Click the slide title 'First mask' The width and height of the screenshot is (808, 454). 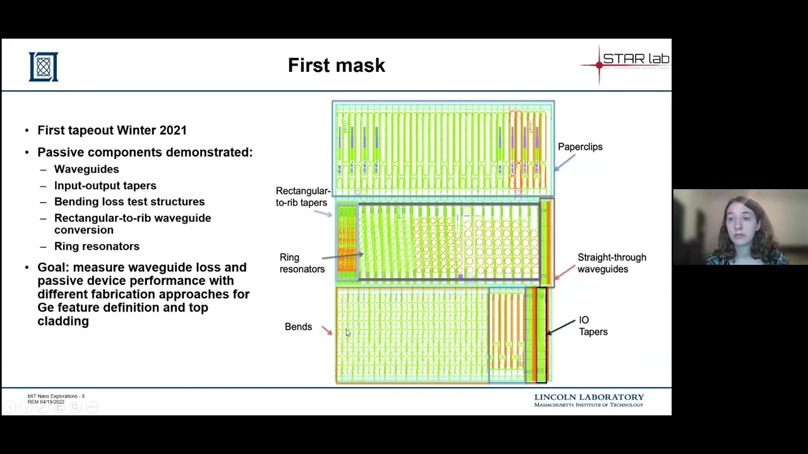336,66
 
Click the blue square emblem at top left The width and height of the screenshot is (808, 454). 44,67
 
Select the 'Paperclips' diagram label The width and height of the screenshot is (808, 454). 579,147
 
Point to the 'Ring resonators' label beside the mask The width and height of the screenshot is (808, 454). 302,263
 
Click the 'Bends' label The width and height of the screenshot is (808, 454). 298,327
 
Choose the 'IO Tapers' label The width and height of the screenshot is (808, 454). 593,326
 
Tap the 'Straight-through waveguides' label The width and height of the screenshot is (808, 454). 611,263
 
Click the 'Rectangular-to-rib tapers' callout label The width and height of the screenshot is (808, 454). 302,197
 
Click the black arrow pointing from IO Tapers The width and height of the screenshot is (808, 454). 561,327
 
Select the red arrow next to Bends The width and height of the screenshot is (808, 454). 326,330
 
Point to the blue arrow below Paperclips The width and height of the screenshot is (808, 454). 565,162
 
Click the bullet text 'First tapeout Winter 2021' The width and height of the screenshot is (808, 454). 112,131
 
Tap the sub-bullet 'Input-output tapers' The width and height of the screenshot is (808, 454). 105,185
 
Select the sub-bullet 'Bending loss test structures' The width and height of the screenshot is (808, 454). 129,202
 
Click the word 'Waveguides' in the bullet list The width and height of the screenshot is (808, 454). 86,169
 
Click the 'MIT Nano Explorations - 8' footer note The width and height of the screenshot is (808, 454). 56,396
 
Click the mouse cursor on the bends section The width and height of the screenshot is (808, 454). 347,333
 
